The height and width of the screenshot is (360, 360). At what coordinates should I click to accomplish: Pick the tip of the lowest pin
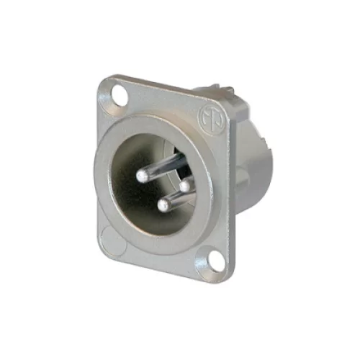(162, 207)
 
